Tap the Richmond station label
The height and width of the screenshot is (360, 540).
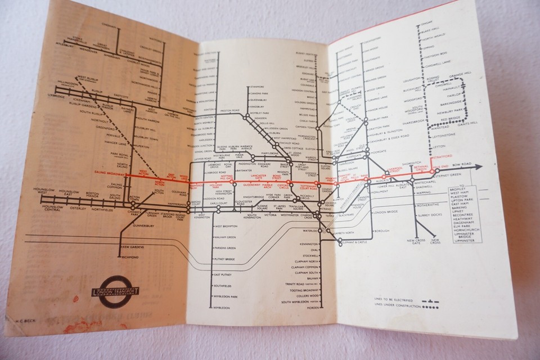click(130, 257)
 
